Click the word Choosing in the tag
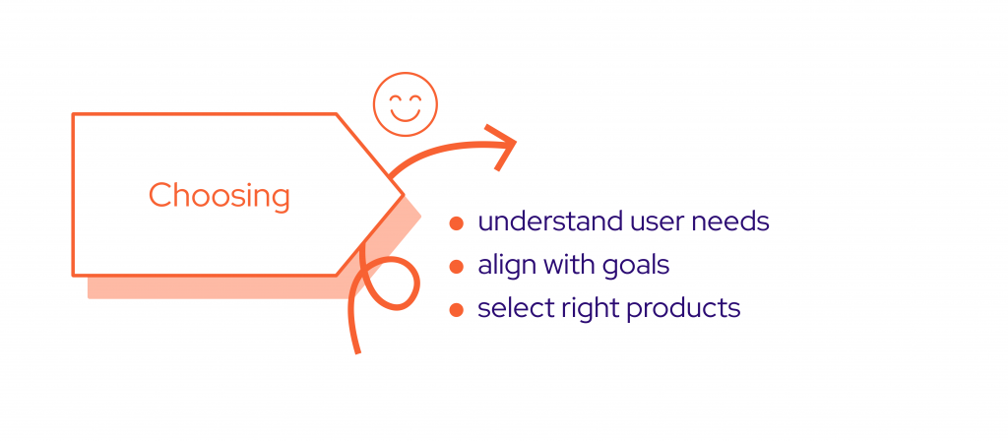point(220,196)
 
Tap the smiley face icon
point(405,104)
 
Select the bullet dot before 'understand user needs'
point(457,223)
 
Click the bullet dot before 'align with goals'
point(457,266)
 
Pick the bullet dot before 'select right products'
point(457,310)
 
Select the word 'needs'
point(729,221)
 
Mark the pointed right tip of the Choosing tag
point(403,194)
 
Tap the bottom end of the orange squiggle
point(357,351)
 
